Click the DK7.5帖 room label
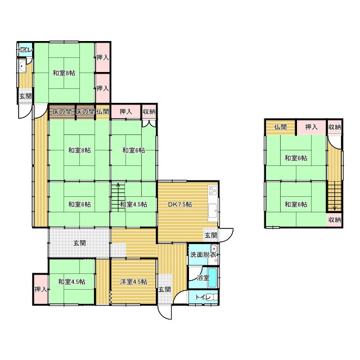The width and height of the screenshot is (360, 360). [180, 204]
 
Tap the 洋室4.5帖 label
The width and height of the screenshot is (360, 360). [134, 282]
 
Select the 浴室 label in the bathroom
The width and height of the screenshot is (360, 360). [203, 278]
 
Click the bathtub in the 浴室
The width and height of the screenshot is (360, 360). [213, 278]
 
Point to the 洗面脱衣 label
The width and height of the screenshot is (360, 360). [202, 255]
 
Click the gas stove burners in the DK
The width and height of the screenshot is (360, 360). [213, 190]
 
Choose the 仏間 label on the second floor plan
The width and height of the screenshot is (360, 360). [280, 127]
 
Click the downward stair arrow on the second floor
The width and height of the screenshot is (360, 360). [335, 196]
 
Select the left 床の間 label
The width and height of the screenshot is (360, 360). [61, 112]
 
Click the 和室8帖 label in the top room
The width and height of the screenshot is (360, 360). [64, 73]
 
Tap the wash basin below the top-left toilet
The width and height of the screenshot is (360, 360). [22, 66]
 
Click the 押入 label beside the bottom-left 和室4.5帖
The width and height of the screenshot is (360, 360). [40, 289]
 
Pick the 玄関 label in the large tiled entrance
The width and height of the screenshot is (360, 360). [79, 243]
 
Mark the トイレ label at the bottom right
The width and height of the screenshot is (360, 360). [203, 297]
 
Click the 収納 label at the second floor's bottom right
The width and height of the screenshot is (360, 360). [335, 220]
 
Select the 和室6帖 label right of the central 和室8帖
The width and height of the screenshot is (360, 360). [134, 150]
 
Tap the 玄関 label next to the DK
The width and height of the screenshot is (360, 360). [211, 235]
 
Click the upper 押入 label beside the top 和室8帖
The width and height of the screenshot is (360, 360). [102, 57]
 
